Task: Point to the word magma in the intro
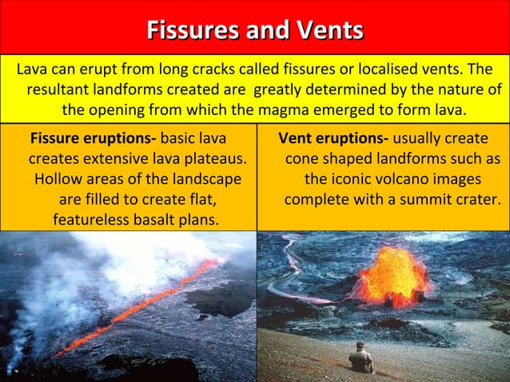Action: [x=314, y=109]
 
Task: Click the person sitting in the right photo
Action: [x=361, y=358]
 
